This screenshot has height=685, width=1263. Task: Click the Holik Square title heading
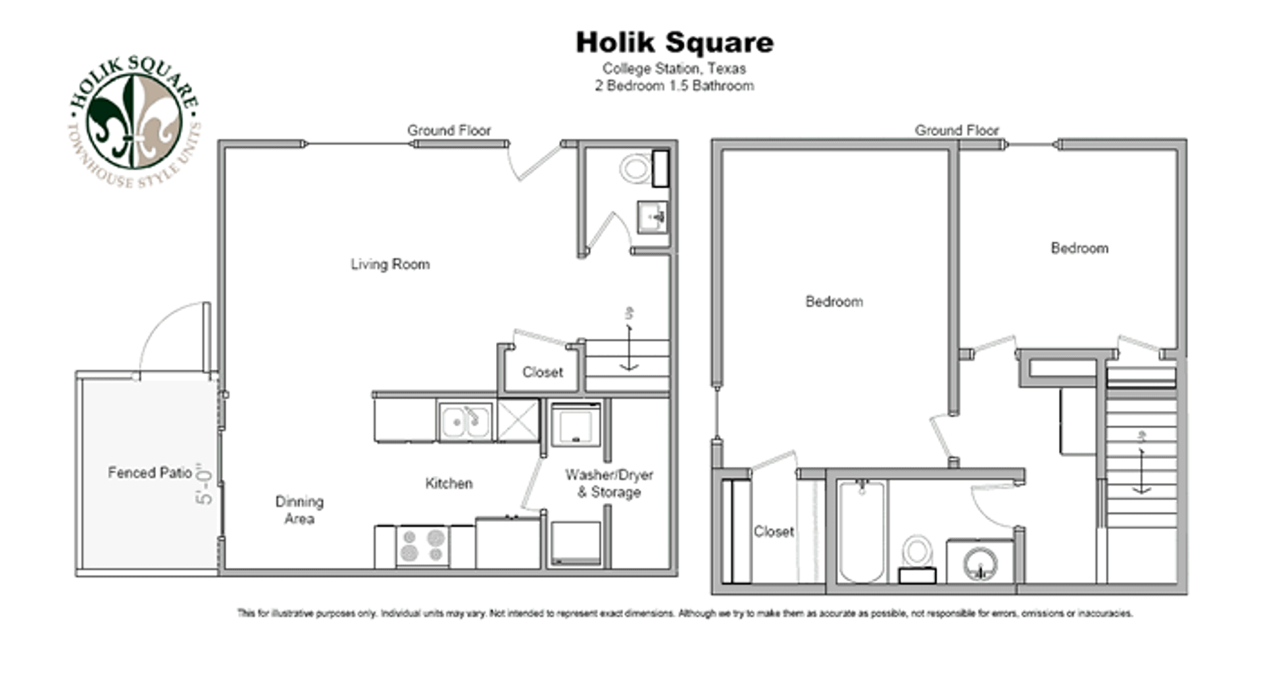click(x=674, y=43)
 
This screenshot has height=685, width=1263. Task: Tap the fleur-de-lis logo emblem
click(x=134, y=121)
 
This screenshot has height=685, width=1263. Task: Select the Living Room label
click(x=389, y=264)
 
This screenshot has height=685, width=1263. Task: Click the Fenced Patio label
click(x=149, y=473)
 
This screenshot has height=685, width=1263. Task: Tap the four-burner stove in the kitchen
click(x=422, y=546)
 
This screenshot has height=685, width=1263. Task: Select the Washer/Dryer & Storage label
click(x=608, y=483)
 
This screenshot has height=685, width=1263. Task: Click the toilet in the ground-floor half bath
click(x=635, y=168)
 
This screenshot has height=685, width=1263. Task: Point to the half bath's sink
click(x=652, y=216)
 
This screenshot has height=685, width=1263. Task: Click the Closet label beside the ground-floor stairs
click(x=542, y=372)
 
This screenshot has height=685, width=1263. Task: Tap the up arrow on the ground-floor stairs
click(x=630, y=348)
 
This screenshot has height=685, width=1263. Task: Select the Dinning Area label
click(x=299, y=510)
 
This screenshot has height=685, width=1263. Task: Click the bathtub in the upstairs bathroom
click(x=861, y=531)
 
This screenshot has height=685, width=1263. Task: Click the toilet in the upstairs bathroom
click(x=917, y=555)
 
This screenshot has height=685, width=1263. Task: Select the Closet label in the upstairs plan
click(x=774, y=531)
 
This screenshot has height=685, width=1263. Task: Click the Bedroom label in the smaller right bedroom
click(x=1079, y=248)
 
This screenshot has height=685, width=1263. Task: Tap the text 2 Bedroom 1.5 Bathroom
click(x=674, y=85)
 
